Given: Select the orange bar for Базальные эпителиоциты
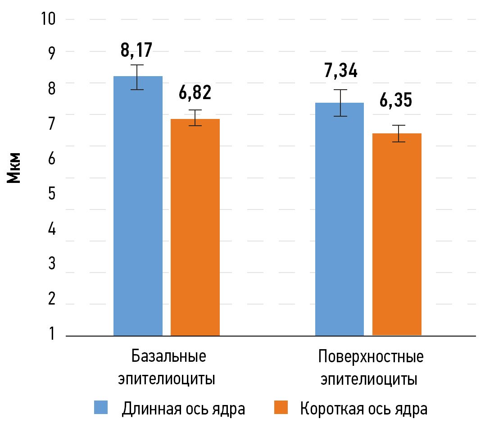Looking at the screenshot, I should (195, 227).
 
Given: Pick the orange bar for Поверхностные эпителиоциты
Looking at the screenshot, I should (397, 234).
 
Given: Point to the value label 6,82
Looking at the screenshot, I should (195, 93).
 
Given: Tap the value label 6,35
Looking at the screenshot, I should (396, 100).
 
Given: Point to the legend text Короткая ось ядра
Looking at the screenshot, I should (363, 408).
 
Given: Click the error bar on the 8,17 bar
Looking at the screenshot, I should (137, 77).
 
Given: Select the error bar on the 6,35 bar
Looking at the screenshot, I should (399, 133).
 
